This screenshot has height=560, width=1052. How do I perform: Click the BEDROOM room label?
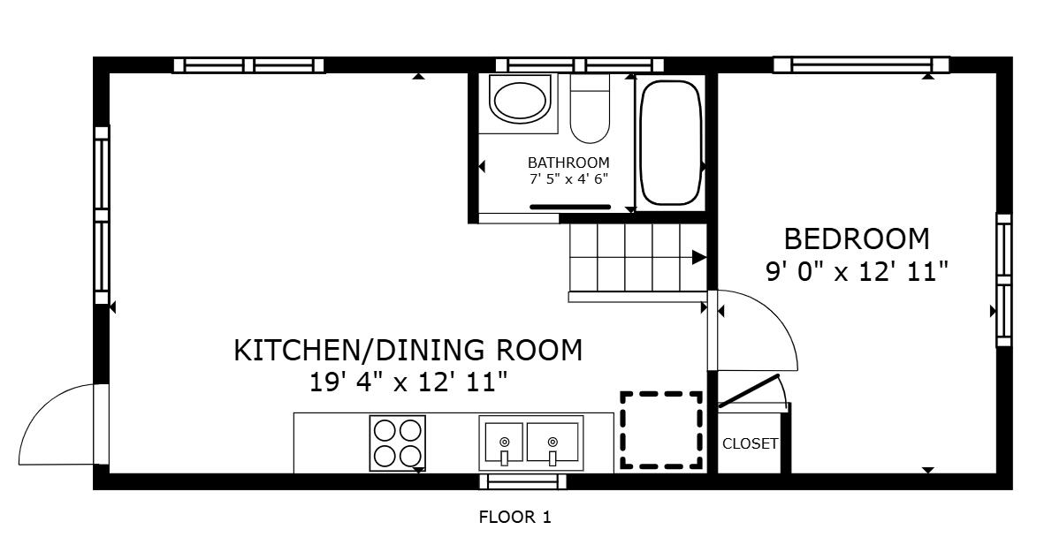click(857, 238)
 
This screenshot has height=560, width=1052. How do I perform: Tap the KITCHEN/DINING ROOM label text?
click(408, 350)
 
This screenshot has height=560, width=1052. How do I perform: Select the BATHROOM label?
click(568, 163)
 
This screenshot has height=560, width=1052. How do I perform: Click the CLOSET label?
click(750, 443)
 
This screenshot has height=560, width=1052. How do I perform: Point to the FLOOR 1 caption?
click(515, 517)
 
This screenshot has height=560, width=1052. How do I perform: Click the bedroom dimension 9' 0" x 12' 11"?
click(857, 272)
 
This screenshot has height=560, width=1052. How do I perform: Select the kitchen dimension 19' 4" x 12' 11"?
click(408, 382)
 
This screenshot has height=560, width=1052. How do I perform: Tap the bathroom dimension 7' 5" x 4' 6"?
click(568, 179)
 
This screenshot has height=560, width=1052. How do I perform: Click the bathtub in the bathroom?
click(670, 143)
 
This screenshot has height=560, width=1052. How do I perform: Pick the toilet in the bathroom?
click(590, 109)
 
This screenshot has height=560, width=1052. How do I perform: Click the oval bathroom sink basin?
click(521, 99)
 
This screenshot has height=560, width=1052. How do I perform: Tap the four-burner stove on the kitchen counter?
click(397, 443)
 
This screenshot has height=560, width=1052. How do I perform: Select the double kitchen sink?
click(531, 443)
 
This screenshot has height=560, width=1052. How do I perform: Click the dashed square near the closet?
click(661, 430)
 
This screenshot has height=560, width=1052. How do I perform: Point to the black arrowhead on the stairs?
click(698, 257)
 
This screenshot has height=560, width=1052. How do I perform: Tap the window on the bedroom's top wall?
click(861, 65)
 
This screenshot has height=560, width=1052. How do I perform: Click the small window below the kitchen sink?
click(522, 481)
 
